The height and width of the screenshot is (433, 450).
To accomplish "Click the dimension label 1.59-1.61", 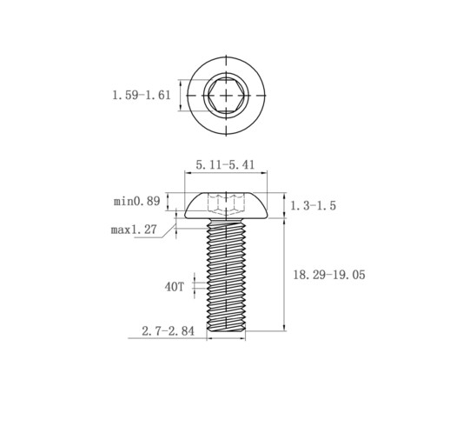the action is pos(142,95).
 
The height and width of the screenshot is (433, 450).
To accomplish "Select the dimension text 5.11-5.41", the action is pos(225,164).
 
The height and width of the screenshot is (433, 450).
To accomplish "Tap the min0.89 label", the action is pos(136,201).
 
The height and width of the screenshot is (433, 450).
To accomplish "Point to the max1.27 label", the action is pos(134,230).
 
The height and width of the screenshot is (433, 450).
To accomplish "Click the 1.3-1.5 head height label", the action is pos(313,205).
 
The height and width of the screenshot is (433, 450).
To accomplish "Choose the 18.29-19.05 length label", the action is pos(329,275).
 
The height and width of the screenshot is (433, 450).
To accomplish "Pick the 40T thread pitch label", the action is pos(175,287).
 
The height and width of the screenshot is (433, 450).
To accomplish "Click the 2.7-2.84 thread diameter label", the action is pos(168,331).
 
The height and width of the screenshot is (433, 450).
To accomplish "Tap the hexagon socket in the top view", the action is pos(226,95).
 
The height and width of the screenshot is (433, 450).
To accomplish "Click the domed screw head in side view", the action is pos(226,205).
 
